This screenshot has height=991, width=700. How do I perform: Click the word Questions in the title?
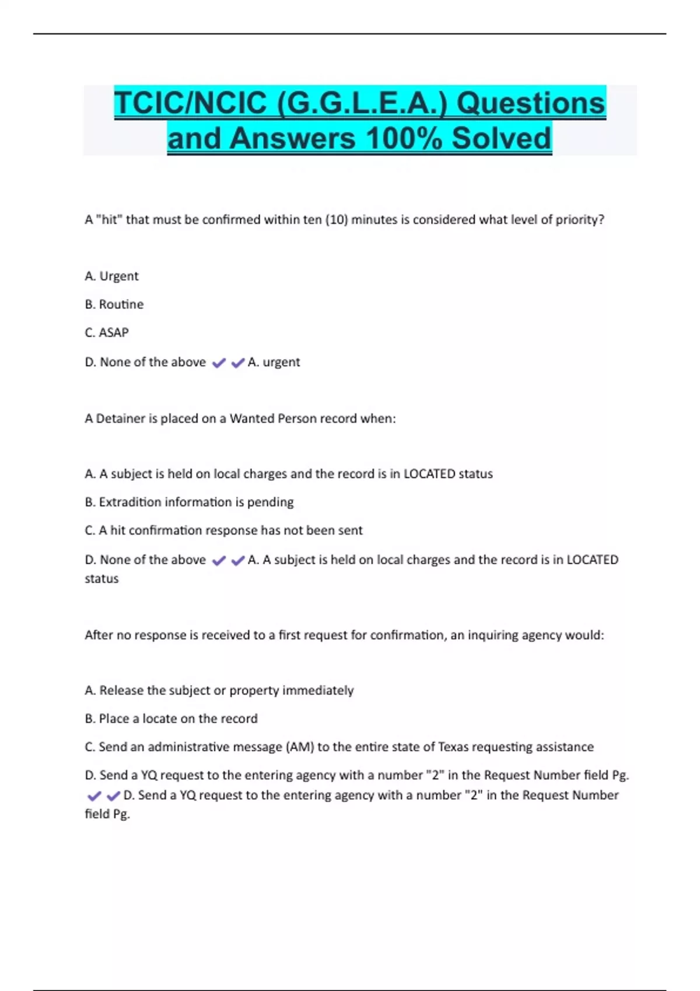(531, 103)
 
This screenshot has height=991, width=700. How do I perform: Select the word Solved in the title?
(501, 139)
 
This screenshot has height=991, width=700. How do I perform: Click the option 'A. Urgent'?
(111, 276)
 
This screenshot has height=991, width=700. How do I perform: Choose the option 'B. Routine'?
(114, 304)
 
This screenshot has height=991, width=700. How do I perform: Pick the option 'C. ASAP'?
(107, 332)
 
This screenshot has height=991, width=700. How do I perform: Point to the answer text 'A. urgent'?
(274, 362)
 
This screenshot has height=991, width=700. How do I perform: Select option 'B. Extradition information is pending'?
(189, 502)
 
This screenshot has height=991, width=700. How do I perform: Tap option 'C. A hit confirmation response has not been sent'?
(223, 530)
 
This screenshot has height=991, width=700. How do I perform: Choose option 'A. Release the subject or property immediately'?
(219, 690)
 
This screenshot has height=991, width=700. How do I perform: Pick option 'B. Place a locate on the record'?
(171, 719)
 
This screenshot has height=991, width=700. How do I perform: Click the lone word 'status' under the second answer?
(101, 579)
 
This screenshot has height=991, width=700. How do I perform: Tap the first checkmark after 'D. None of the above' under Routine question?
(219, 363)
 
